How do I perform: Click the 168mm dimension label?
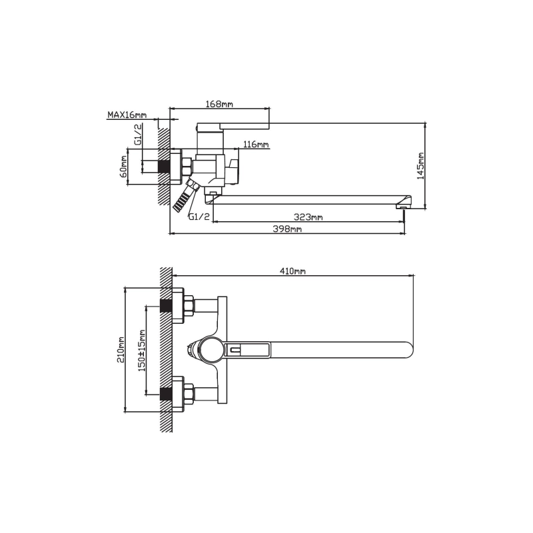[219, 104]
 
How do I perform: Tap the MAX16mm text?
[127, 115]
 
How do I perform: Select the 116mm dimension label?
[257, 145]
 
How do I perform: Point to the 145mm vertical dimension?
[421, 165]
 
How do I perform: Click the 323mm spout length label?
[308, 217]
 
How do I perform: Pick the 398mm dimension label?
[287, 229]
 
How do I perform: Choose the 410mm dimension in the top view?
[292, 271]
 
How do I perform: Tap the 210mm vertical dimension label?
[121, 350]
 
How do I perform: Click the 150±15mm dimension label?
[142, 350]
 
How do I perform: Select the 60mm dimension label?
[123, 166]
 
